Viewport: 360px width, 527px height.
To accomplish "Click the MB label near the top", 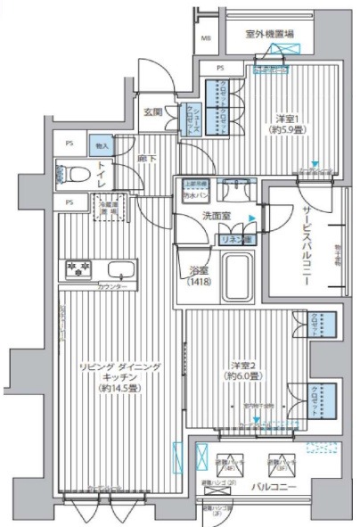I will pyautogui.click(x=206, y=38).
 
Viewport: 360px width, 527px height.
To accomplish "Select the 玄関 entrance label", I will pyautogui.click(x=152, y=112).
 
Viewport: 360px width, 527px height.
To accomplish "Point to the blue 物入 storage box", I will pyautogui.click(x=102, y=145).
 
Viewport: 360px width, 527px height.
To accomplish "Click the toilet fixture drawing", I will pyautogui.click(x=70, y=173).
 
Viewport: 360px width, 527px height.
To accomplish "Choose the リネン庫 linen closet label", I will pyautogui.click(x=234, y=239).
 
